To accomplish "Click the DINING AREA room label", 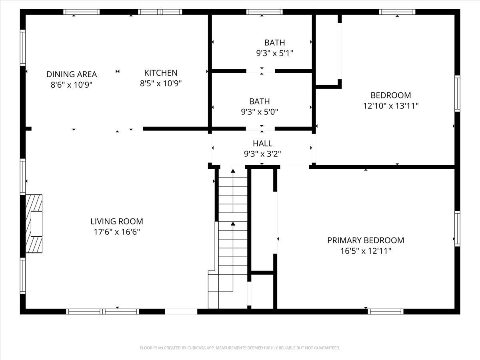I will (x=72, y=74).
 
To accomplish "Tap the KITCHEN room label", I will (x=161, y=73).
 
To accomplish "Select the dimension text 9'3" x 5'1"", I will (x=275, y=53).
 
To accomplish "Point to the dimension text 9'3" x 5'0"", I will (x=260, y=112).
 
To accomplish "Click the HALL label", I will (x=262, y=143).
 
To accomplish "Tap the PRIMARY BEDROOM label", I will (x=366, y=240).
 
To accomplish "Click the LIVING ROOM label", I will (x=116, y=221).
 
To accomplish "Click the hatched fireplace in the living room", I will (x=34, y=224).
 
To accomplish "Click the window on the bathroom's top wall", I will (x=262, y=12).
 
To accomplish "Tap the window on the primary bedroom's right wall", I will (x=457, y=228).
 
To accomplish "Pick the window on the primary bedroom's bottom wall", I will (x=386, y=311).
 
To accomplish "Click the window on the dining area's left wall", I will (x=23, y=48).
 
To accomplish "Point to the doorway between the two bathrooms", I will (x=261, y=71).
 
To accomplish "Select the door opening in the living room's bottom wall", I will (x=181, y=311).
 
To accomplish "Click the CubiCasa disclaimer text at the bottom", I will (x=240, y=348).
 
